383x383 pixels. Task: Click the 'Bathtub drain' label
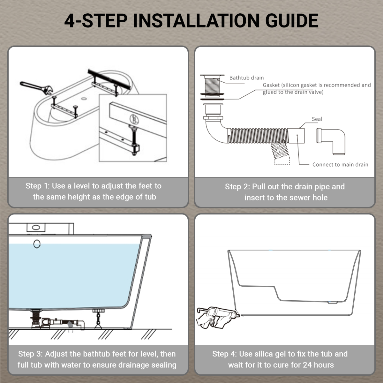point(246,78)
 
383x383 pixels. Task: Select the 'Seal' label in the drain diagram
point(317,119)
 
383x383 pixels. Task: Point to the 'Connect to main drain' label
point(340,164)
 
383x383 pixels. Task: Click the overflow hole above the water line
point(37,244)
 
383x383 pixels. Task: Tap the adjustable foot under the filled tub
point(97,318)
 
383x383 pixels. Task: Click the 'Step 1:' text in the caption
point(37,186)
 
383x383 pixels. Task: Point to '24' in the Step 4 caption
point(307,365)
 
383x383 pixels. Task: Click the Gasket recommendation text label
point(317,88)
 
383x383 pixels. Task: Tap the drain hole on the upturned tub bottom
point(84,98)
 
